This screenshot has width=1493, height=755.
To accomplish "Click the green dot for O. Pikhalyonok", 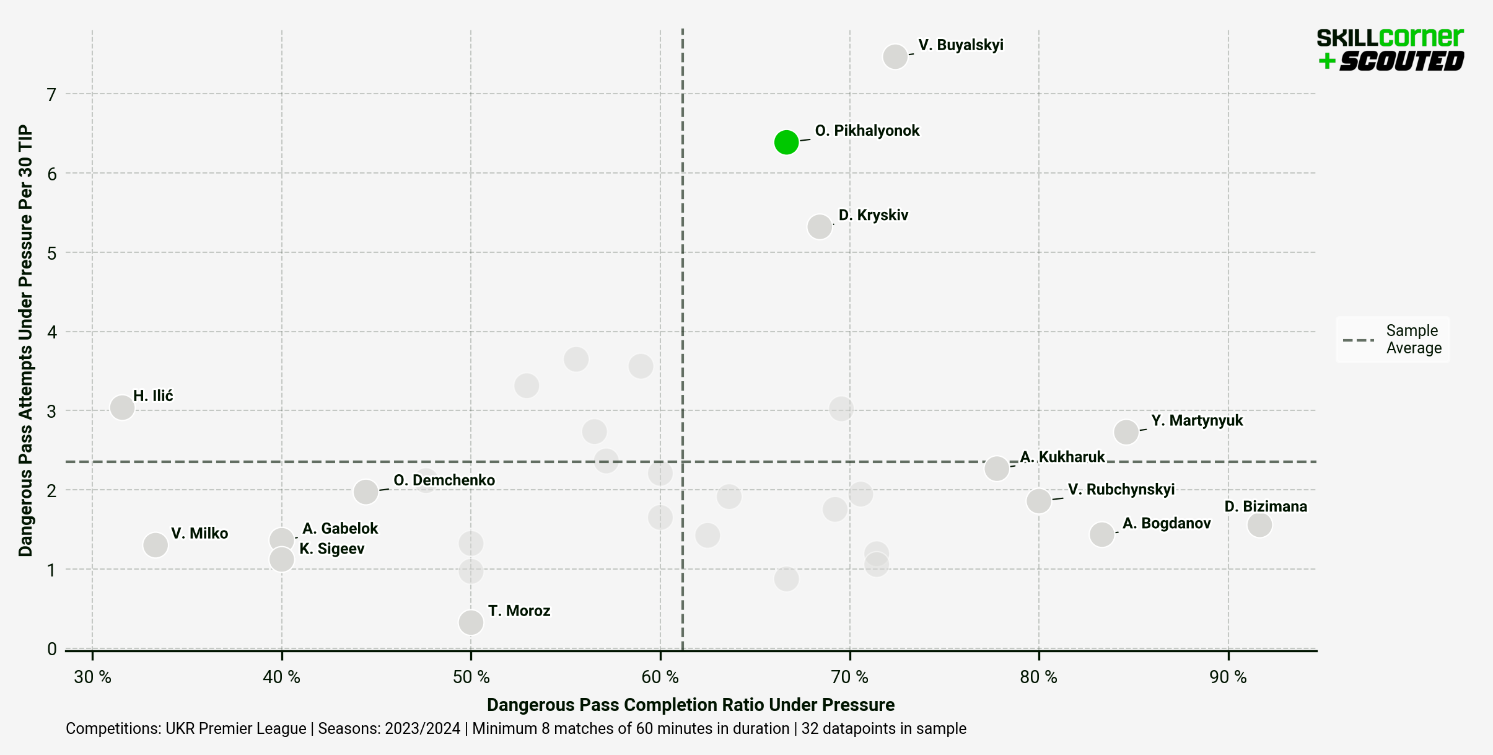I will click(786, 142).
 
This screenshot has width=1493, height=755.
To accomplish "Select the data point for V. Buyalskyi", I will click(895, 56).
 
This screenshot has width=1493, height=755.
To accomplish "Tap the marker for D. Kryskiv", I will click(820, 226).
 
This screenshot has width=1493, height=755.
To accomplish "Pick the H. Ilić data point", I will click(122, 407).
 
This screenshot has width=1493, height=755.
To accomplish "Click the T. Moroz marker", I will click(471, 622).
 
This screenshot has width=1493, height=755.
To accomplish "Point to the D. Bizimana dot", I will click(1259, 524).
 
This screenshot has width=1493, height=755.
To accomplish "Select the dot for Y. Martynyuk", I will click(1126, 431).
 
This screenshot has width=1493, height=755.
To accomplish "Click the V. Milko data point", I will click(155, 545).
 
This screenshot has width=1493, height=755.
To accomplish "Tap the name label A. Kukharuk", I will click(1062, 457).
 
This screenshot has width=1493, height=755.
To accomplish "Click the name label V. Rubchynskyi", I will click(1121, 489).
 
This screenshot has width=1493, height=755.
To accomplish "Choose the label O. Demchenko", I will click(444, 480).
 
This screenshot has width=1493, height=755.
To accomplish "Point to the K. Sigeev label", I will click(332, 549).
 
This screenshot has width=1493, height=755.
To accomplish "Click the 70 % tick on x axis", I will click(849, 677).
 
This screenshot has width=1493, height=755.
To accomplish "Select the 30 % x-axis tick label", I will click(92, 677).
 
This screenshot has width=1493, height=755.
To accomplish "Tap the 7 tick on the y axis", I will click(51, 94).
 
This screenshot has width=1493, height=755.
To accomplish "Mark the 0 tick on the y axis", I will click(51, 649).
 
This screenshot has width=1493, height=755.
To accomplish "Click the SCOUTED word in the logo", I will click(1401, 61).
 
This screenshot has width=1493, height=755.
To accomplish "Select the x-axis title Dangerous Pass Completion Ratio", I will click(690, 705).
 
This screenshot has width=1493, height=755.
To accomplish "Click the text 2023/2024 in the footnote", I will click(423, 728).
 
